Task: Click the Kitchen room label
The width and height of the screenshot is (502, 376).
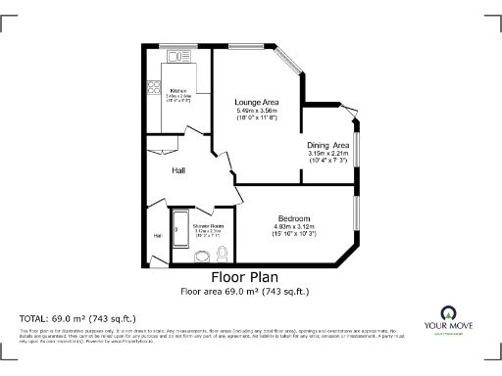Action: click(177, 90)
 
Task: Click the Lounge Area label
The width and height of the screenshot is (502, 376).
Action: click(257, 101)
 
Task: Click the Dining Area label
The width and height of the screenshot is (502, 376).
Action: click(329, 145)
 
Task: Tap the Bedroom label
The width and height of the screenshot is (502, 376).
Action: click(293, 217)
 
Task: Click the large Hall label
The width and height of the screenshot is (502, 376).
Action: click(178, 171)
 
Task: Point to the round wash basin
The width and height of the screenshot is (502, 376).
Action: click(202, 258)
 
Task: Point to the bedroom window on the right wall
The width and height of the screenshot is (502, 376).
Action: click(357, 214)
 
